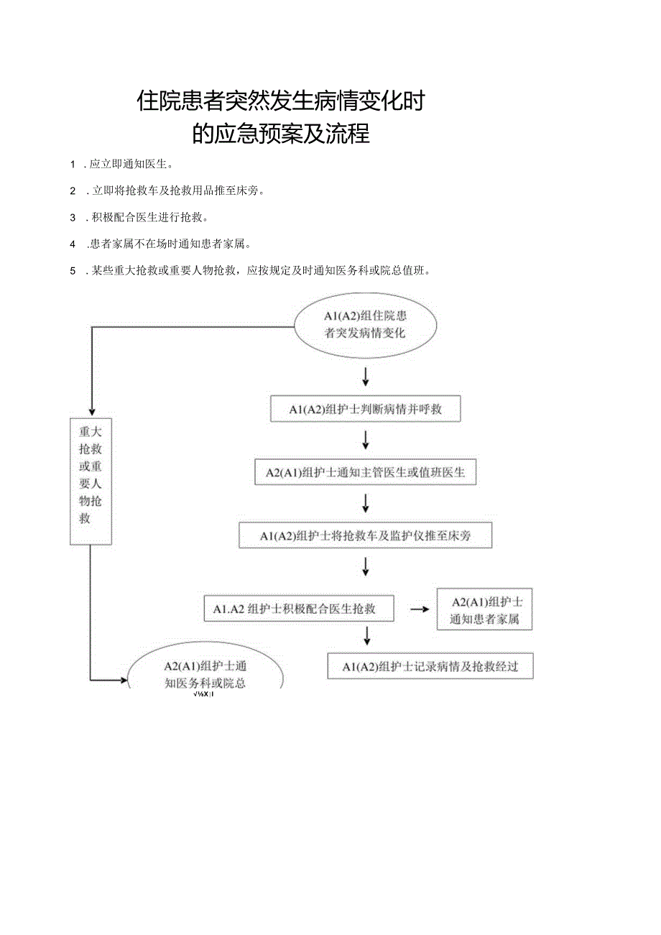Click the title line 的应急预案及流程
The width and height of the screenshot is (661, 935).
(281, 134)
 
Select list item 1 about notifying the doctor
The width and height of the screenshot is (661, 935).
(129, 164)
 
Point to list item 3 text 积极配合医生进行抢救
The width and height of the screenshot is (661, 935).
(147, 217)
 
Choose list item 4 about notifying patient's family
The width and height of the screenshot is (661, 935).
(167, 244)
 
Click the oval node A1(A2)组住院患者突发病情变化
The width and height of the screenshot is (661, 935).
(365, 324)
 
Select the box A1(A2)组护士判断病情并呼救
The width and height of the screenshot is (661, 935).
(365, 409)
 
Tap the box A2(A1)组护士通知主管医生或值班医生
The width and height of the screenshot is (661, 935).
(365, 472)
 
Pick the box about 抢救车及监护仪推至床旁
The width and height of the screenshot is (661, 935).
(365, 535)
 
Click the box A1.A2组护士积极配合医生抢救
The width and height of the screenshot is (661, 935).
(299, 609)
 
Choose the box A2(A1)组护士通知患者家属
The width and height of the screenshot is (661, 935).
(484, 609)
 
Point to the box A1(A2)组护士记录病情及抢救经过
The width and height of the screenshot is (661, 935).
(430, 666)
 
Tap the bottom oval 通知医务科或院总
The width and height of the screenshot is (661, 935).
(205, 676)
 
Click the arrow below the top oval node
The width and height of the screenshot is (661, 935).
(365, 376)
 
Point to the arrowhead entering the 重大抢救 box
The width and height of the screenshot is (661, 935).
(91, 411)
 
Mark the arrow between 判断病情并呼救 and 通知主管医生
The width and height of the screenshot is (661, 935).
(365, 441)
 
